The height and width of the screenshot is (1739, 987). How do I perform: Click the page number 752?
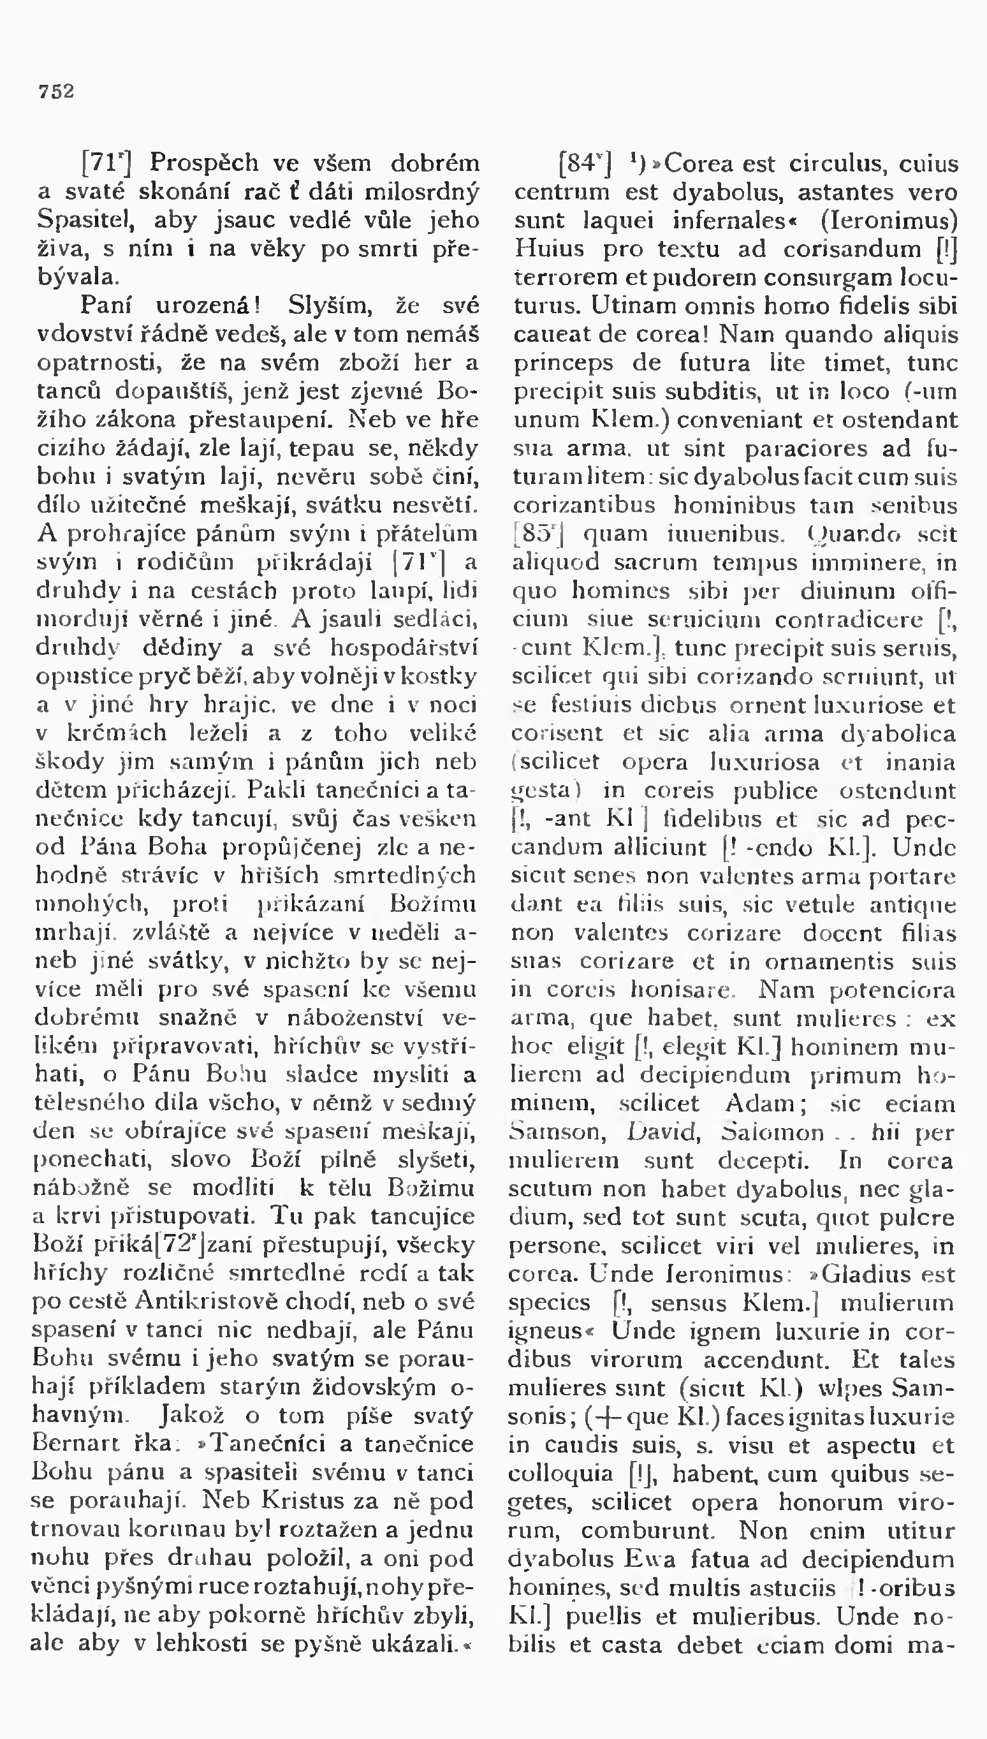point(56,92)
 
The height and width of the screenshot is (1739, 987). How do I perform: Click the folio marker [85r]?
point(540,535)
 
